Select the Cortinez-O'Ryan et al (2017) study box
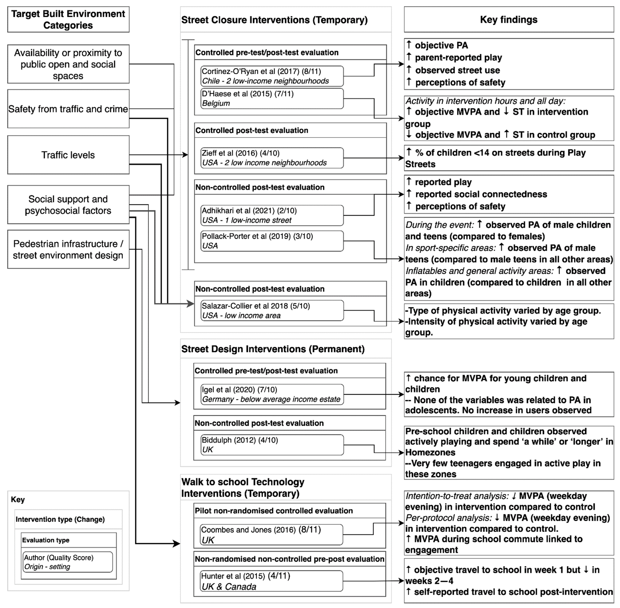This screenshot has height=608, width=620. pyautogui.click(x=272, y=76)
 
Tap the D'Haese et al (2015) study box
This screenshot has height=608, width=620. pyautogui.click(x=272, y=98)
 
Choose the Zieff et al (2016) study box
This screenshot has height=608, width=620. pyautogui.click(x=272, y=158)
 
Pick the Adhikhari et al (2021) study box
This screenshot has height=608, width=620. pyautogui.click(x=272, y=215)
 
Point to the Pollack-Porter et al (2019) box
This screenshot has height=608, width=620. pyautogui.click(x=272, y=241)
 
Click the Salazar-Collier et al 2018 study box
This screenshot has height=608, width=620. pyautogui.click(x=272, y=310)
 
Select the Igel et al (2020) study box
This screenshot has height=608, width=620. pyautogui.click(x=272, y=394)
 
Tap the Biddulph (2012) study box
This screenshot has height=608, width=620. pyautogui.click(x=272, y=445)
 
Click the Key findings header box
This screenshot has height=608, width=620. pyautogui.click(x=509, y=19)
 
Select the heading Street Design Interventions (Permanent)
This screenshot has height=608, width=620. pyautogui.click(x=273, y=349)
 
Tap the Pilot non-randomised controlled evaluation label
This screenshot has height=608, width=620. pyautogui.click(x=274, y=511)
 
